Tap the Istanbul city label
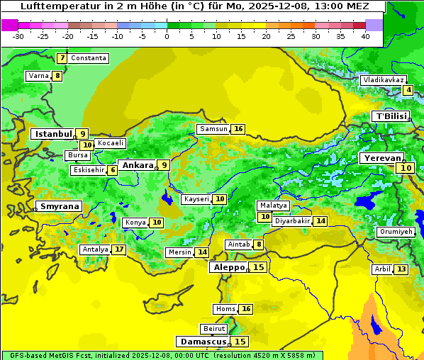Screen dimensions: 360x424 click(x=54, y=133)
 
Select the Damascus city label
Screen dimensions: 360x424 click(x=203, y=342)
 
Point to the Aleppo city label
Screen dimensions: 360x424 click(x=228, y=267)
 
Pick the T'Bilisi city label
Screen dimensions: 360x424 click(x=391, y=116)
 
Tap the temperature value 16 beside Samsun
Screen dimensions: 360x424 click(x=238, y=129)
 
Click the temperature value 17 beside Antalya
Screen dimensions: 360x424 click(x=119, y=249)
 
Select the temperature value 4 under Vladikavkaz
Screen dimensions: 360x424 click(x=408, y=90)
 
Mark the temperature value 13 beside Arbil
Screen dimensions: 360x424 click(x=401, y=269)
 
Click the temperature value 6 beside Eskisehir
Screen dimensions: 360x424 click(x=113, y=170)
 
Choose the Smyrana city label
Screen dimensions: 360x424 click(x=59, y=206)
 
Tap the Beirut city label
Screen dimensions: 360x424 click(x=214, y=329)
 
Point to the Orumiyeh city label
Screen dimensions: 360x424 click(x=395, y=232)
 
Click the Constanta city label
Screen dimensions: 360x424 click(x=89, y=58)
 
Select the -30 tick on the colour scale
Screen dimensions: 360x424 click(x=18, y=35)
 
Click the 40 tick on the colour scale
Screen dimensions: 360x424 click(x=365, y=35)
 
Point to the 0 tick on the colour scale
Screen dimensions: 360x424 click(x=167, y=35)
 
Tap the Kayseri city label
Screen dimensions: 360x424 click(x=196, y=199)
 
